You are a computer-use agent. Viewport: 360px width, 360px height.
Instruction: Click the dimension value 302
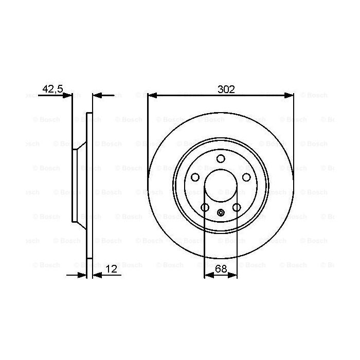point(226,89)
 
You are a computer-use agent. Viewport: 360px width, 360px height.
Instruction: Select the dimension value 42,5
point(52,89)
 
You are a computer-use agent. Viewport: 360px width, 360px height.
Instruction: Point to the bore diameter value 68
point(221,268)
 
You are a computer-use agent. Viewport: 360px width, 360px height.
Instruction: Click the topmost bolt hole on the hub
point(221,158)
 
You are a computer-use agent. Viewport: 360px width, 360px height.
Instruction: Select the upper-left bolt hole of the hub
point(195,177)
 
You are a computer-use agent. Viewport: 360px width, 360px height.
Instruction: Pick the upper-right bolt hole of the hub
point(246,177)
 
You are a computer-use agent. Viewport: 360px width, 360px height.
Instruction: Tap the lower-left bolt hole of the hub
point(205,207)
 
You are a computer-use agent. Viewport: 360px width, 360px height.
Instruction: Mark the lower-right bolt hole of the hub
point(237,207)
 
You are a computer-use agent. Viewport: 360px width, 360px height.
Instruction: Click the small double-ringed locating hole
point(221,213)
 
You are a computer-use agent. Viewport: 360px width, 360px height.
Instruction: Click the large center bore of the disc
point(221,186)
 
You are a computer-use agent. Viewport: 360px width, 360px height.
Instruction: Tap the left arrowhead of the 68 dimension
point(208,276)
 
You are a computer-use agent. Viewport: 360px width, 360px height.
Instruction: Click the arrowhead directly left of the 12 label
point(96,276)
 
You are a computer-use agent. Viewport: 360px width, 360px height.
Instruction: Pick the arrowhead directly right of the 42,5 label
point(68,95)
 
